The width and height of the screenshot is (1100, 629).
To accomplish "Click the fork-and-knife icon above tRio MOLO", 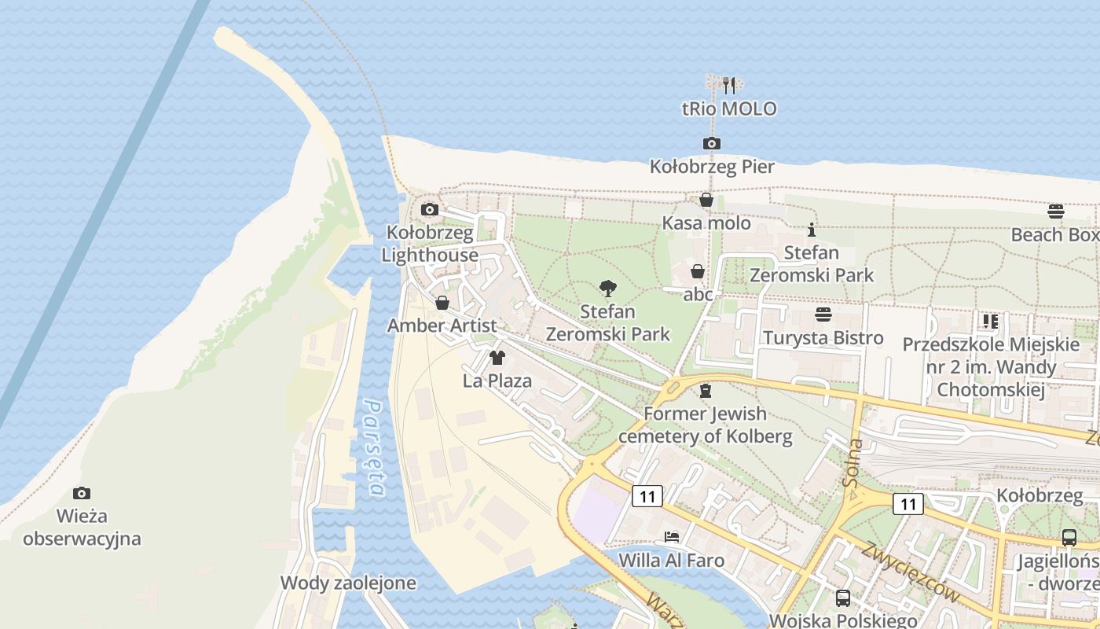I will click(729, 85).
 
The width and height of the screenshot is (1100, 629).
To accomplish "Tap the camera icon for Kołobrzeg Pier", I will click(711, 143).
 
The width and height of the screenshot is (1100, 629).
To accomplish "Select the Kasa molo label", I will click(706, 223).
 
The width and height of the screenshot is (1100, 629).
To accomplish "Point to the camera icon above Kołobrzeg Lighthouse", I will click(430, 209).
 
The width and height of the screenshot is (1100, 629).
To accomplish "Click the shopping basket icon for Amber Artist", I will click(442, 303).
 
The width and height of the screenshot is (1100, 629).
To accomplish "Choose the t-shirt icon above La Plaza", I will click(497, 359).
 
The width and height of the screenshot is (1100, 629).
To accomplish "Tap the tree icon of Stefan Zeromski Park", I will click(607, 289).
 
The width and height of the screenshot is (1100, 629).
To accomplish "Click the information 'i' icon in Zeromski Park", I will click(812, 230).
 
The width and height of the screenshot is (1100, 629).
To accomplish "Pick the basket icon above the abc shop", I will click(697, 271).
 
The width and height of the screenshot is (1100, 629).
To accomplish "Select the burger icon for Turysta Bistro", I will click(823, 314).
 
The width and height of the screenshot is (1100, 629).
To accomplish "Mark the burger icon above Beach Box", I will click(1055, 211).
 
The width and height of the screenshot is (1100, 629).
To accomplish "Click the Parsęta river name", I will click(376, 448).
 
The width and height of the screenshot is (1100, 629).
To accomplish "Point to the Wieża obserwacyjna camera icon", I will click(81, 493).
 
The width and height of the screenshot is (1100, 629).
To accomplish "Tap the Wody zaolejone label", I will click(348, 583).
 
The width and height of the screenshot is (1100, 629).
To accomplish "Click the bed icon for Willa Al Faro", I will click(671, 538).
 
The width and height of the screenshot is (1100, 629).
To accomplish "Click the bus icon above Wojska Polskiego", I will click(843, 598).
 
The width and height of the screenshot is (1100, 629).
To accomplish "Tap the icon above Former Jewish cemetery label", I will click(705, 390).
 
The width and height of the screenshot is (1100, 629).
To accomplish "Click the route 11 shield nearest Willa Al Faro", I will click(647, 496).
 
